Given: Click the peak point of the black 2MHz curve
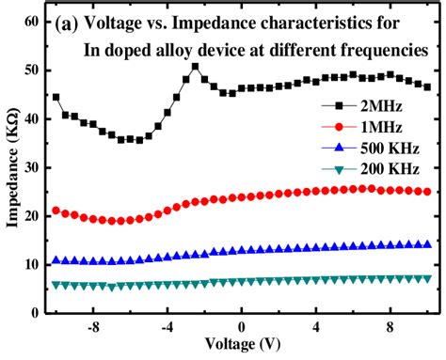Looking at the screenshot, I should [x=195, y=66].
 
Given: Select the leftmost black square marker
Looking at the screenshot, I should [x=56, y=97].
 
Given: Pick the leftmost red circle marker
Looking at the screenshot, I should [x=56, y=211].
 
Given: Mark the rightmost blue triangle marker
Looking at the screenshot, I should [x=428, y=244].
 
